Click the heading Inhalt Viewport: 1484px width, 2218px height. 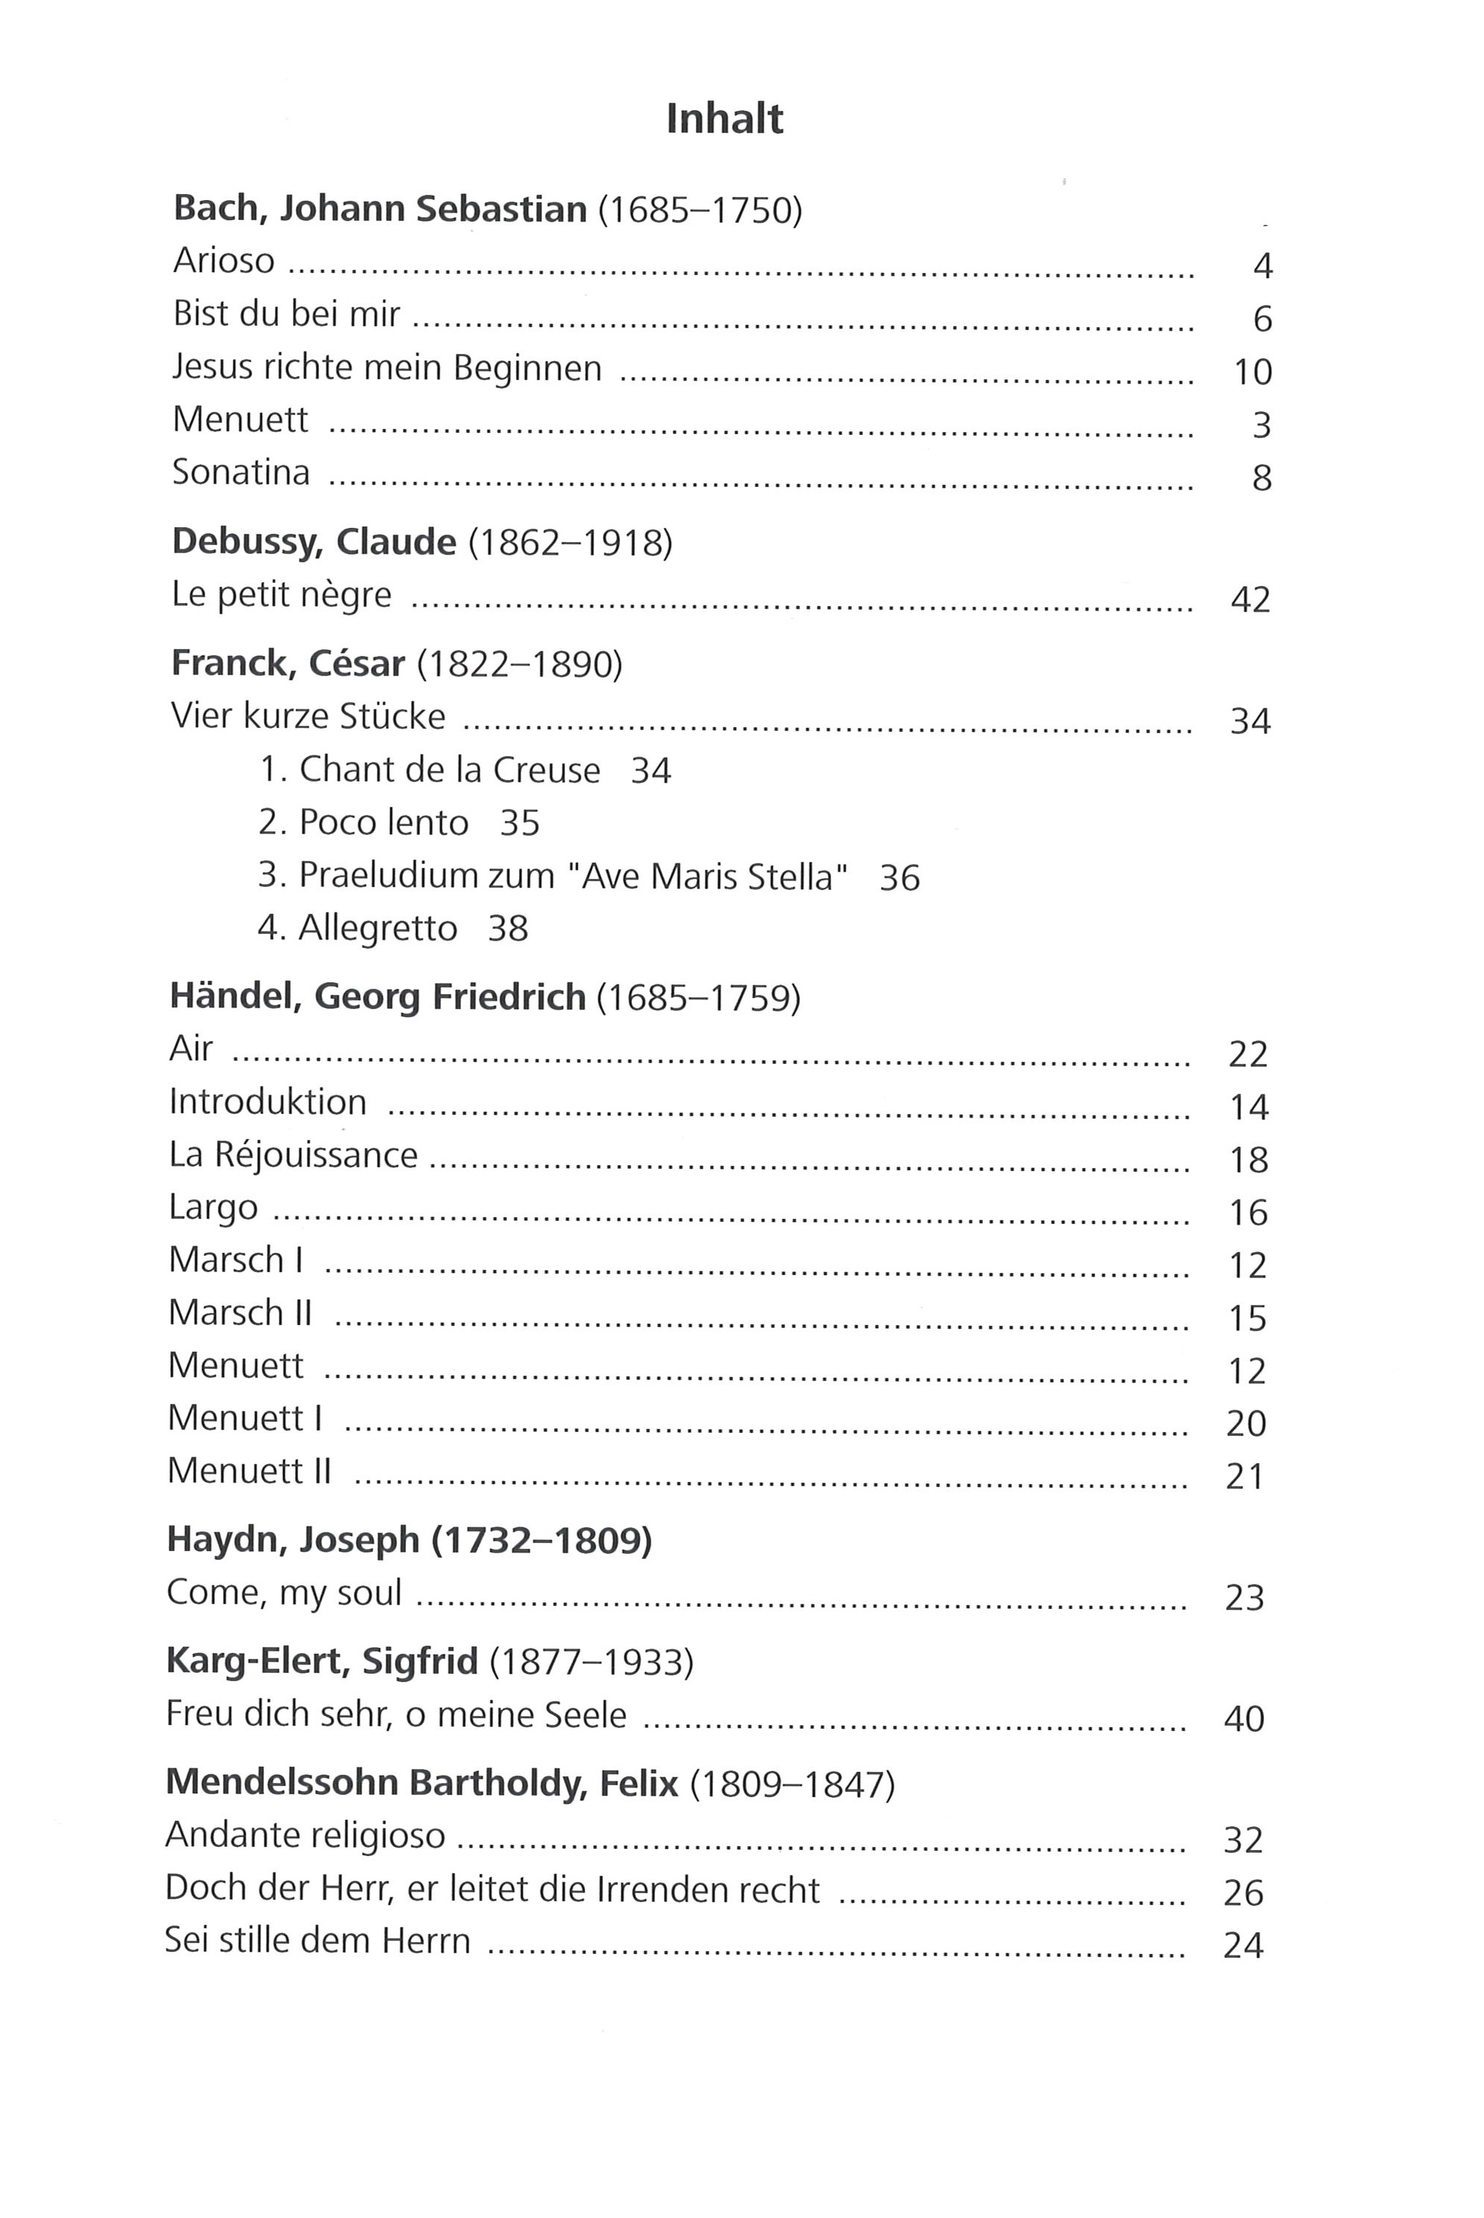pyautogui.click(x=724, y=119)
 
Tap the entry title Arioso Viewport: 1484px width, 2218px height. pyautogui.click(x=225, y=261)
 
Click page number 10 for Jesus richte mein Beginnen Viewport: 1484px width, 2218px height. pyautogui.click(x=1252, y=372)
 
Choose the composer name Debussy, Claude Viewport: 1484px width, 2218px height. pyautogui.click(x=313, y=542)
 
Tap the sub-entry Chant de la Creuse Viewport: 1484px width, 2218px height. pyautogui.click(x=450, y=770)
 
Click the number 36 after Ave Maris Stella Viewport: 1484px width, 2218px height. pyautogui.click(x=899, y=877)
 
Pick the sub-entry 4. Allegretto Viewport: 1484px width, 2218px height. pyautogui.click(x=358, y=928)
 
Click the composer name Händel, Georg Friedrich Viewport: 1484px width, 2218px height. pyautogui.click(x=377, y=997)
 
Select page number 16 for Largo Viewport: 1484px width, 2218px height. pyautogui.click(x=1248, y=1213)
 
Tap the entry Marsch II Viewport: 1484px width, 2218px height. pyautogui.click(x=239, y=1313)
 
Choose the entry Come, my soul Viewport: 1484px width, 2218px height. pyautogui.click(x=284, y=1593)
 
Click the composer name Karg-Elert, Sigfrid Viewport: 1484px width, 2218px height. pyautogui.click(x=321, y=1662)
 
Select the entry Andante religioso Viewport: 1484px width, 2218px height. pyautogui.click(x=305, y=1836)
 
